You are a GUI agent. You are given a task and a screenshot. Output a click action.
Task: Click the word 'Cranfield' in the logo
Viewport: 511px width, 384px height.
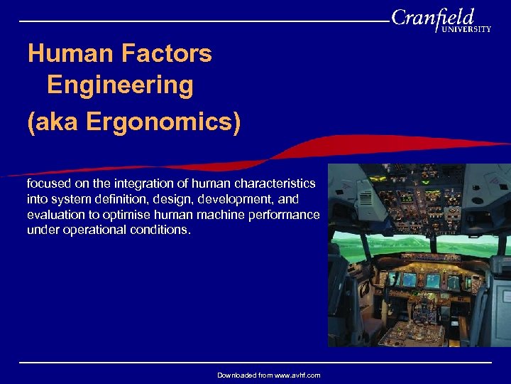pos(432,17)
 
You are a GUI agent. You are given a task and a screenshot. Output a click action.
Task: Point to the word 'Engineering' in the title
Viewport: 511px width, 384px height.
pos(120,85)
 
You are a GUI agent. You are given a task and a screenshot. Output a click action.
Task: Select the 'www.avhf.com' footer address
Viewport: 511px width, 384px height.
pos(293,375)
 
